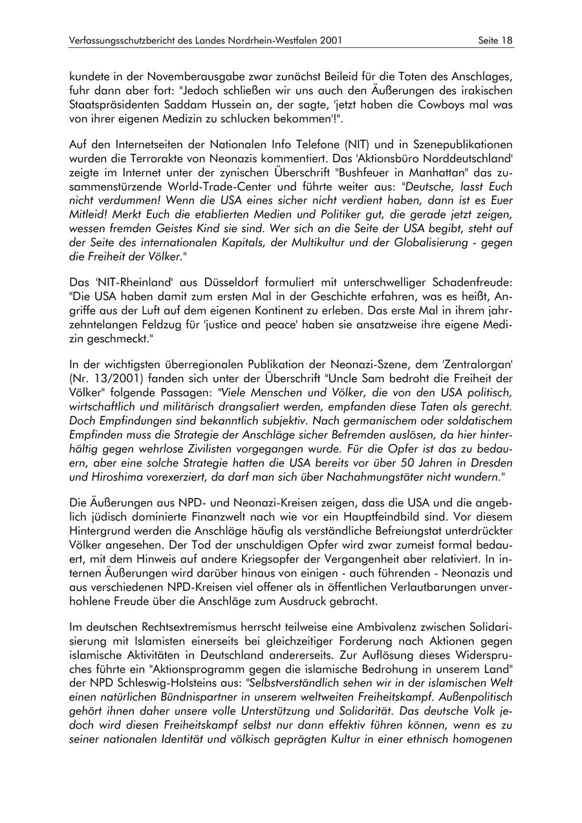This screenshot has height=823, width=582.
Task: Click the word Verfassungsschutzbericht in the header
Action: point(120,41)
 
